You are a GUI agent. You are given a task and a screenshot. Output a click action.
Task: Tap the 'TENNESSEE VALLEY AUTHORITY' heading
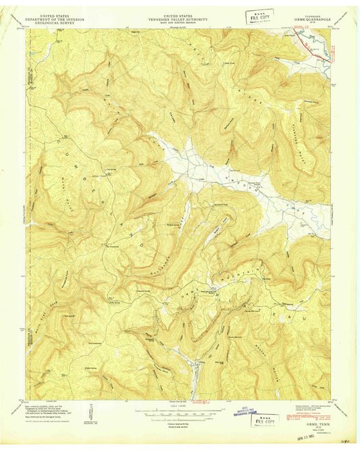(x=179, y=17)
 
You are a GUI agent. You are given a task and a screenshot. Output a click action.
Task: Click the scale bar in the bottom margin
(x=179, y=409)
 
